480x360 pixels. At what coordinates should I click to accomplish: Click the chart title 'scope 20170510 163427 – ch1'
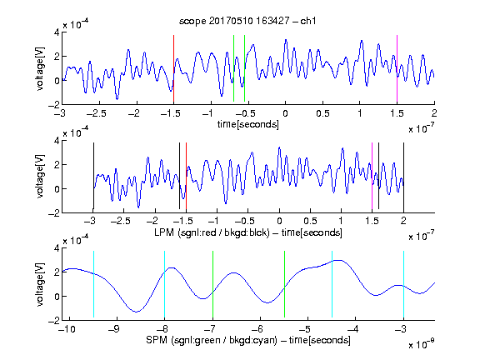(x=247, y=21)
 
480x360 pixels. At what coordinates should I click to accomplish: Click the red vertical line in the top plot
(x=173, y=68)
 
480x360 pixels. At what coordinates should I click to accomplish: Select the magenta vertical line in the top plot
(x=397, y=68)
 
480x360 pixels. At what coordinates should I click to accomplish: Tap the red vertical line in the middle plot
(x=186, y=176)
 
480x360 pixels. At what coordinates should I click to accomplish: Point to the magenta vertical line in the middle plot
(x=372, y=176)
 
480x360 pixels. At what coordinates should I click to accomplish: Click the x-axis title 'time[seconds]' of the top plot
(x=248, y=124)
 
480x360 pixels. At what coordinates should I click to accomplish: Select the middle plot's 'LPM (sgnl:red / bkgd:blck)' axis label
(x=212, y=232)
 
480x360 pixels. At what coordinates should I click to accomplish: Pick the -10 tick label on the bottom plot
(x=67, y=329)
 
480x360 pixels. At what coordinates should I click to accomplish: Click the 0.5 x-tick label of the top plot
(x=322, y=113)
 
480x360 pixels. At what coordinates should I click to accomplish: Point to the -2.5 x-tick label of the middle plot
(x=121, y=221)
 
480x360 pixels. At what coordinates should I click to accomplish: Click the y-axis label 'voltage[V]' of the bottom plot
(x=40, y=284)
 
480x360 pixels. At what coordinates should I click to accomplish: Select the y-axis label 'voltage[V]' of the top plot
(x=40, y=68)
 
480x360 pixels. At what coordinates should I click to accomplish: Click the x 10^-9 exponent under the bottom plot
(x=422, y=344)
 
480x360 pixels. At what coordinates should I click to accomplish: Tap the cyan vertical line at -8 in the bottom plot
(x=164, y=284)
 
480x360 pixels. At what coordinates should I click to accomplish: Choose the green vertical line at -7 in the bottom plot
(x=212, y=284)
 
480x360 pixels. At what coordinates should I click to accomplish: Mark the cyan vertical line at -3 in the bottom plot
(x=403, y=284)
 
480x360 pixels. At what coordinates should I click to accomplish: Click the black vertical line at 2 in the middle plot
(x=403, y=176)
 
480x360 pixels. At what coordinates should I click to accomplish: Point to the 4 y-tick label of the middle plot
(x=57, y=141)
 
